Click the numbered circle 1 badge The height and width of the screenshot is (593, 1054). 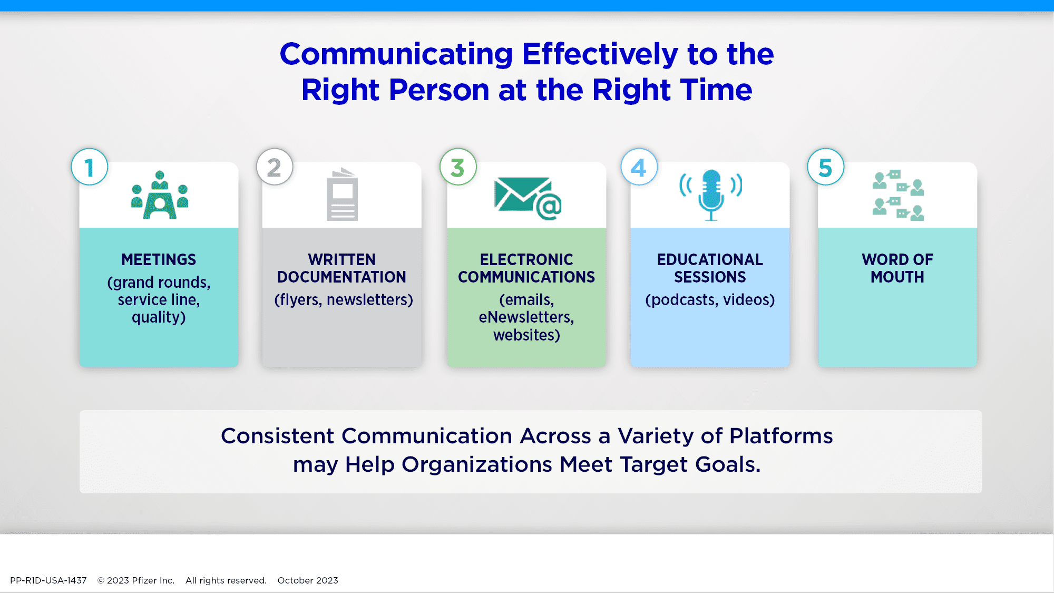point(90,167)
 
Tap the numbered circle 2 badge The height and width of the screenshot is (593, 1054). point(275,167)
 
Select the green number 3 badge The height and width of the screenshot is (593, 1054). point(458,167)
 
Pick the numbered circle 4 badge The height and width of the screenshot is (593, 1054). point(639,167)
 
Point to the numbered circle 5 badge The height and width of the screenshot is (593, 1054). point(826,167)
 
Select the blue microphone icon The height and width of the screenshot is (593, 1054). point(711,195)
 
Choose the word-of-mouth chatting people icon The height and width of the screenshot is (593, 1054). point(898,195)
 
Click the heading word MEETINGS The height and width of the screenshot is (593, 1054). point(159,259)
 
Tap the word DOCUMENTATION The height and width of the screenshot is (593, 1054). point(342,277)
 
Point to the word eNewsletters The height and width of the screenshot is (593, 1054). point(526,317)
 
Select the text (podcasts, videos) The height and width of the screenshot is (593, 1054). point(710,299)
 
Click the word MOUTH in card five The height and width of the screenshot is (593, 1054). point(897,277)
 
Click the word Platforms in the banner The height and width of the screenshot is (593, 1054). point(781,436)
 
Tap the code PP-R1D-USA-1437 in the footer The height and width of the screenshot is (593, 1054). point(48,580)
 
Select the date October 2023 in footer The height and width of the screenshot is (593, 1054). point(308,580)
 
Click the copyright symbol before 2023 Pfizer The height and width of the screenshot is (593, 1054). point(101,580)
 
